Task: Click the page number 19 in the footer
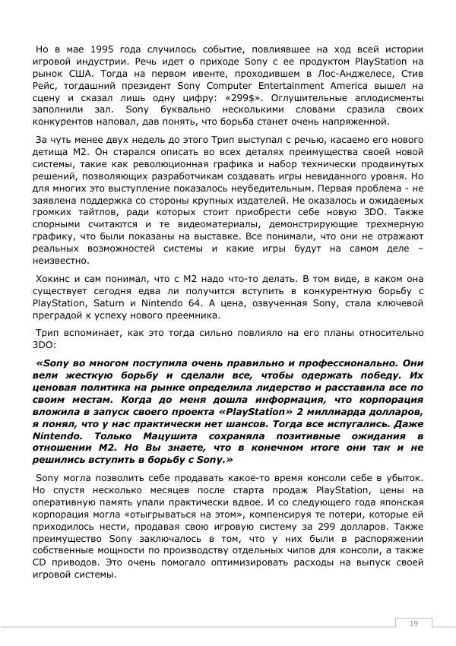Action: click(x=413, y=623)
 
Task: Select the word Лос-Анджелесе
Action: click(x=312, y=71)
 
